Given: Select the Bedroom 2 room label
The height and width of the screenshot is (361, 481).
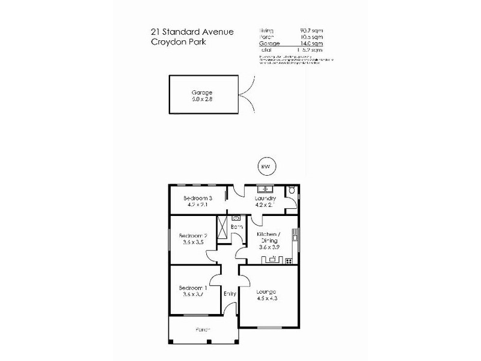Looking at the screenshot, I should point(195,235).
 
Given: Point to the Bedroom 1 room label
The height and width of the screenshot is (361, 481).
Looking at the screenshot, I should point(195,288).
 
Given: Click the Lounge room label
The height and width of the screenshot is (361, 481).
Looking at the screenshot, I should point(269,291).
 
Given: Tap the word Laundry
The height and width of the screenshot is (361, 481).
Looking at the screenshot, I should point(265,199).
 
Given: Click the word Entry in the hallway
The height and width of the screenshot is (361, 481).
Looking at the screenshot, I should point(230,294).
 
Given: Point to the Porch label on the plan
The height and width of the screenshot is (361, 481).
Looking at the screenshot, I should point(203,330).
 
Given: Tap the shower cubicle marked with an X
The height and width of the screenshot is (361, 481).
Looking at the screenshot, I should point(222,228).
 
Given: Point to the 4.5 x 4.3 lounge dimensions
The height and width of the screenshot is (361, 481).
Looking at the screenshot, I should point(269,298).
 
